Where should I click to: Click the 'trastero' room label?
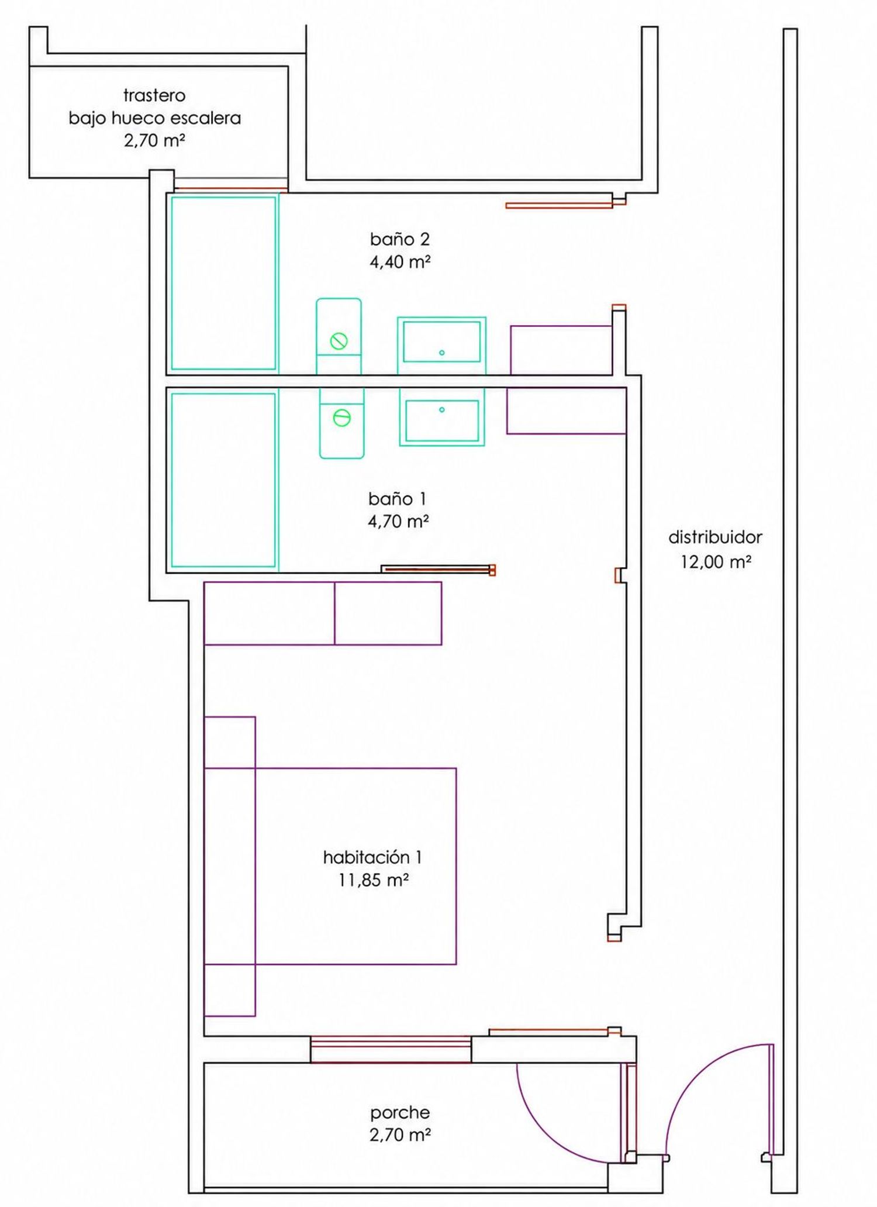pyautogui.click(x=154, y=95)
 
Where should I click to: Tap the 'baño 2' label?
pyautogui.click(x=400, y=239)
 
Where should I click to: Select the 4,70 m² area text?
pyautogui.click(x=399, y=521)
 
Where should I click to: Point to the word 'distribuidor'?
pyautogui.click(x=715, y=537)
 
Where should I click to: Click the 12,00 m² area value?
pyautogui.click(x=716, y=562)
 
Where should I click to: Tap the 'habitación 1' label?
pyautogui.click(x=372, y=857)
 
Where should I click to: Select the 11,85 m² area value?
pyautogui.click(x=373, y=880)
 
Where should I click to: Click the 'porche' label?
pyautogui.click(x=400, y=1112)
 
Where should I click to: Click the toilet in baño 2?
pyautogui.click(x=339, y=336)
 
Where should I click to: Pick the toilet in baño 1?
pyautogui.click(x=342, y=423)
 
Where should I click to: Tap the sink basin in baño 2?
pyautogui.click(x=441, y=345)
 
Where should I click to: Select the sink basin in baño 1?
pyautogui.click(x=442, y=417)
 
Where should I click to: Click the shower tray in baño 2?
pyautogui.click(x=223, y=283)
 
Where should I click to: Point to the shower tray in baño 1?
pyautogui.click(x=223, y=480)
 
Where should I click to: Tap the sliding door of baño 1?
pyautogui.click(x=438, y=569)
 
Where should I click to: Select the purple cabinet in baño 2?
pyautogui.click(x=561, y=350)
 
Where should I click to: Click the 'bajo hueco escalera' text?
pyautogui.click(x=155, y=118)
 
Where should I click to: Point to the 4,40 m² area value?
pyautogui.click(x=400, y=261)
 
